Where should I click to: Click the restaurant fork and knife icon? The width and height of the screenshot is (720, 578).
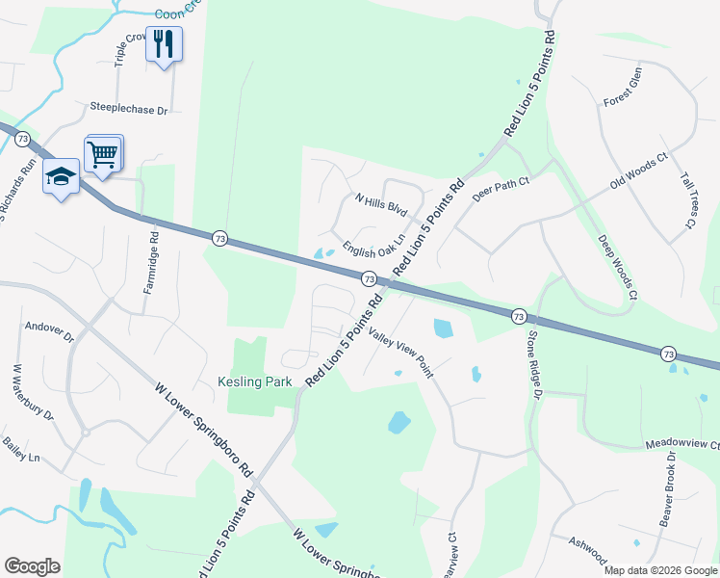[x=164, y=44]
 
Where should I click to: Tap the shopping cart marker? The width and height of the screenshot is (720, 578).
[x=103, y=153]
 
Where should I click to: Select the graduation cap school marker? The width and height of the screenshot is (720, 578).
[x=61, y=176]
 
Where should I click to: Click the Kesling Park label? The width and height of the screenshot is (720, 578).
[x=254, y=382]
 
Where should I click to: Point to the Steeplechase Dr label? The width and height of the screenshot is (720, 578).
[x=128, y=110]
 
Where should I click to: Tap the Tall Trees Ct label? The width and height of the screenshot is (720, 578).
[x=687, y=200]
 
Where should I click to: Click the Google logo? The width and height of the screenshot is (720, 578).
[x=32, y=566]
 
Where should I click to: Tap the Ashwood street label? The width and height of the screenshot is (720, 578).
[x=588, y=551]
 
